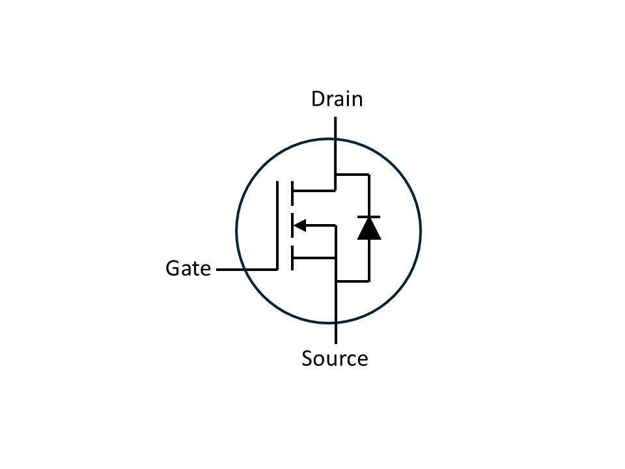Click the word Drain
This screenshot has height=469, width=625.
click(337, 99)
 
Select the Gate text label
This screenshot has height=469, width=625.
click(188, 268)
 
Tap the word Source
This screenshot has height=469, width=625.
click(335, 358)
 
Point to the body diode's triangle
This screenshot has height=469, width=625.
click(369, 229)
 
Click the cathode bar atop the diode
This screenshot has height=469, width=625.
click(369, 216)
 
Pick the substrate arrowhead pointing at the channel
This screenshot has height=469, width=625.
click(299, 225)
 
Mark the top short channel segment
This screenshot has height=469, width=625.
click(292, 191)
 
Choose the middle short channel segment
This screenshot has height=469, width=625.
click(292, 225)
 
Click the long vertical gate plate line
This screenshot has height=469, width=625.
click(278, 225)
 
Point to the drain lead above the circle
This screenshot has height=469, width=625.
click(335, 128)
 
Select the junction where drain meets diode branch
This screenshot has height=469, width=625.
click(335, 175)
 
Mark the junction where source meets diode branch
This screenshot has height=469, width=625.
click(335, 281)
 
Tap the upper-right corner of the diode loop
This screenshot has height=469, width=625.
click(369, 175)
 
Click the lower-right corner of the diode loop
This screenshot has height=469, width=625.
click(369, 281)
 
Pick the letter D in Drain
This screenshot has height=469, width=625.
click(318, 99)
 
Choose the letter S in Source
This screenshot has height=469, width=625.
click(308, 358)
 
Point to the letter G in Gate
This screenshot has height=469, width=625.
click(173, 268)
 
